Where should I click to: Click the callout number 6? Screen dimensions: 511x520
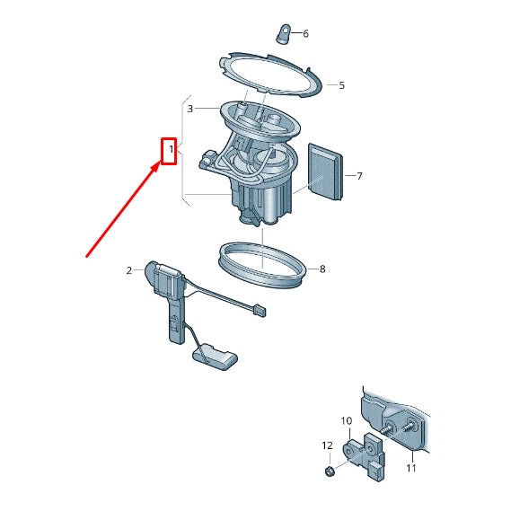click(x=305, y=34)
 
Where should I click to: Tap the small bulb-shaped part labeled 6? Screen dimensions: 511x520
click(x=283, y=34)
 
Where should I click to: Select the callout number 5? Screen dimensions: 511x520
click(x=341, y=85)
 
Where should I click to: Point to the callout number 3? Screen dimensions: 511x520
click(x=190, y=109)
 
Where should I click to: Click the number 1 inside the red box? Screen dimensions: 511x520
click(x=172, y=149)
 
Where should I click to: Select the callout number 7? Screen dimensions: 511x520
click(x=359, y=176)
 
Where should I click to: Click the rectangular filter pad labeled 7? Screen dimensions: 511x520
click(x=325, y=172)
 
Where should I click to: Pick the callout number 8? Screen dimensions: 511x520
click(x=322, y=269)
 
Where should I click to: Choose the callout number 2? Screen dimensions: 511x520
click(x=129, y=270)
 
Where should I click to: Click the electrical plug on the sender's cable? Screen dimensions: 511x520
click(x=260, y=311)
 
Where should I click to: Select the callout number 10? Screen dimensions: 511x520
click(x=347, y=421)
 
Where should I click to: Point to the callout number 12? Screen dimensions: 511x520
click(x=327, y=445)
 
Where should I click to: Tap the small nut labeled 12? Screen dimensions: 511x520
click(x=329, y=471)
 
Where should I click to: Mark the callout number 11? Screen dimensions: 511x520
click(x=411, y=468)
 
